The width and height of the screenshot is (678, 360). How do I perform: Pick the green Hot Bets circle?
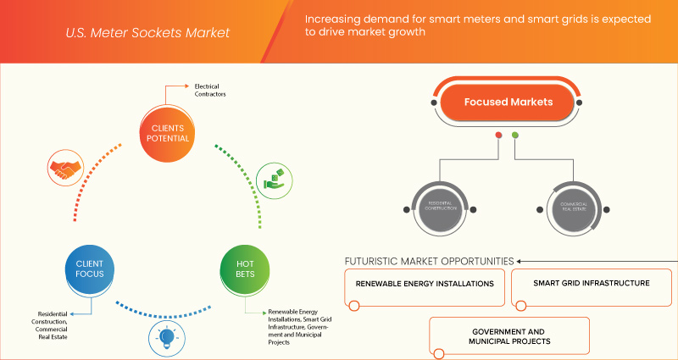[x=246, y=269]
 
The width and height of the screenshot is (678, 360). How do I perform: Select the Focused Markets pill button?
[x=508, y=102]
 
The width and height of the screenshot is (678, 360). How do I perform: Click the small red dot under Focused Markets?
[x=498, y=136]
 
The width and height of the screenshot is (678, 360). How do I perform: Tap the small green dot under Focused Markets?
[x=514, y=136]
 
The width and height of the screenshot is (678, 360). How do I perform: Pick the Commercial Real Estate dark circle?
[x=569, y=207]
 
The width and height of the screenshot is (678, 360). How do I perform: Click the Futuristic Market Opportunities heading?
[x=429, y=260]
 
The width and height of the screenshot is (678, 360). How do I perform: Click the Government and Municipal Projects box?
[x=508, y=336]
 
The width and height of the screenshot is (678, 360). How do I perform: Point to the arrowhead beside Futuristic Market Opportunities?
[x=520, y=260]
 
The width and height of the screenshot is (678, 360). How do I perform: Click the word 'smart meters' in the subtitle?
[x=442, y=18]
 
